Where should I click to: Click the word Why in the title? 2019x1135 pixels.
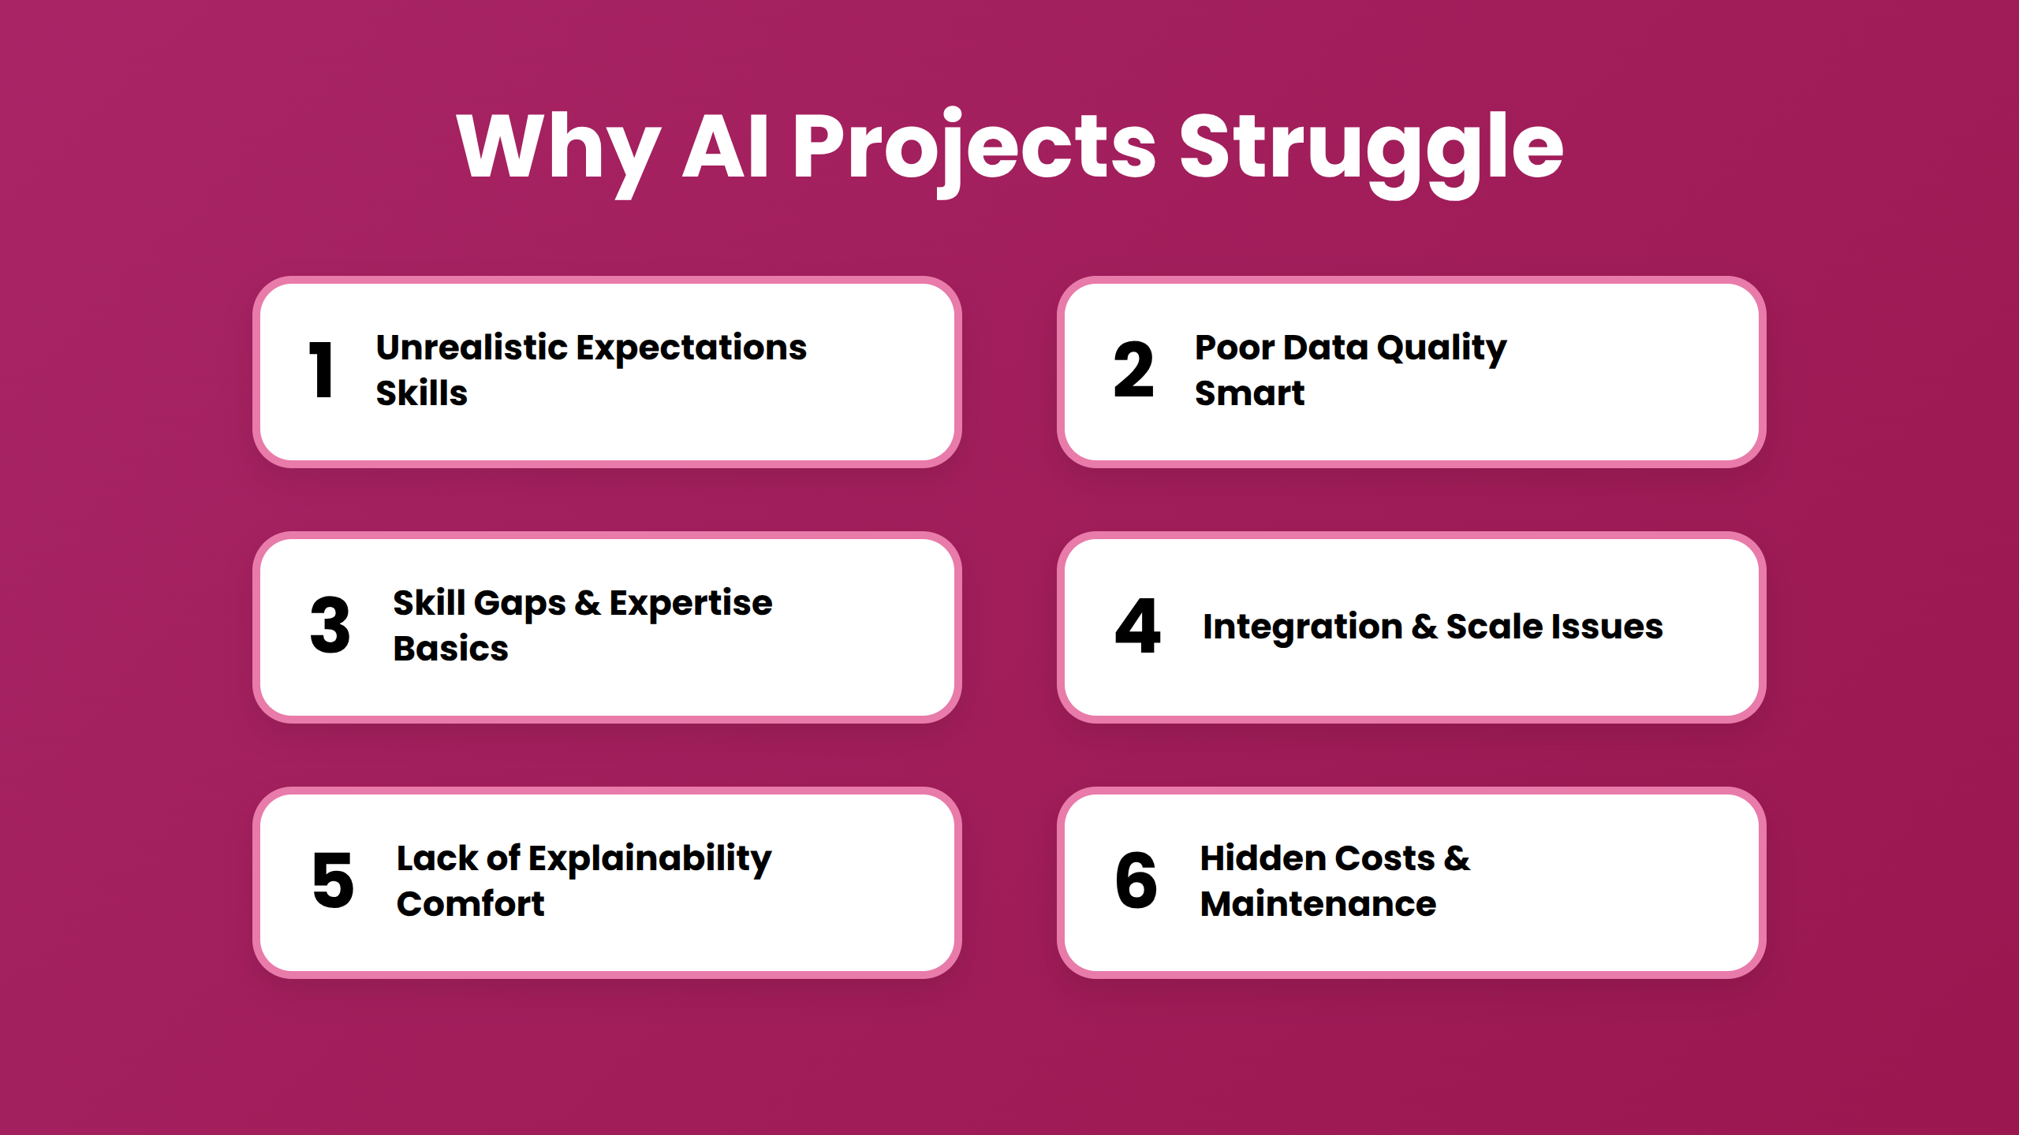click(558, 150)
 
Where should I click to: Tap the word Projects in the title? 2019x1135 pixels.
click(974, 150)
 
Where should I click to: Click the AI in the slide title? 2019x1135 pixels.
click(726, 146)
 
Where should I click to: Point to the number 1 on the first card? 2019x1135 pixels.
click(321, 370)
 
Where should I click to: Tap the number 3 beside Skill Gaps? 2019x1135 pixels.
click(330, 625)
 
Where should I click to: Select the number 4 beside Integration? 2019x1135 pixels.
click(1137, 625)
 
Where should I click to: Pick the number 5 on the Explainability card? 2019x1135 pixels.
click(333, 880)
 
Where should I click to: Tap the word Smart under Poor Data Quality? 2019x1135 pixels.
click(1249, 393)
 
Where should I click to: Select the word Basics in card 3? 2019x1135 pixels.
click(450, 648)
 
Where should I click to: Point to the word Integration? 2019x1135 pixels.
click(1303, 627)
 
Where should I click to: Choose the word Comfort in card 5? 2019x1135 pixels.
click(470, 903)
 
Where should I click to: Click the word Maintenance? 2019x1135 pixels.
click(1318, 903)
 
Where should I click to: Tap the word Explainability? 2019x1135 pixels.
click(650, 859)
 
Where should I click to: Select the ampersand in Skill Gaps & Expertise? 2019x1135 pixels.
click(588, 603)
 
